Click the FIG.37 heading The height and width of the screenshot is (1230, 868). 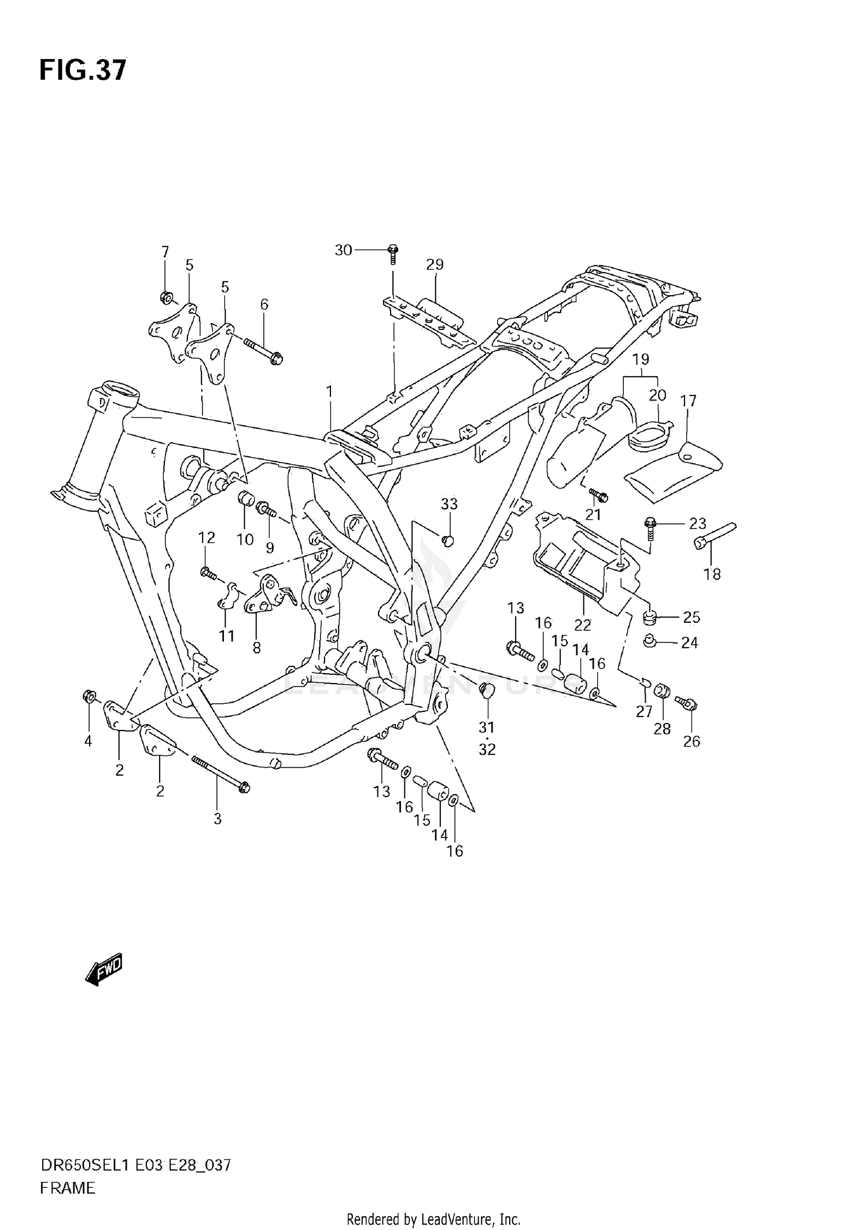click(x=82, y=70)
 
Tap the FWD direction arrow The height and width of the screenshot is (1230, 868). click(x=104, y=970)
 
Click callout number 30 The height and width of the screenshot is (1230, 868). click(x=343, y=250)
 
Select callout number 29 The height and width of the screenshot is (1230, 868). click(x=435, y=265)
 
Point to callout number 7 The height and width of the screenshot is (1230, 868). click(x=165, y=252)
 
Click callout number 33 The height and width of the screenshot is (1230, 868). click(x=449, y=504)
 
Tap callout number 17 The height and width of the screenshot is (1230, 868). click(x=688, y=401)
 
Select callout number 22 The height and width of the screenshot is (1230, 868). click(x=583, y=625)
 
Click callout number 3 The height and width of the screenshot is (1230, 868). click(x=218, y=818)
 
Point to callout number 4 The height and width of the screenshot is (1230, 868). click(x=88, y=741)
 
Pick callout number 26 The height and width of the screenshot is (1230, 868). click(x=692, y=741)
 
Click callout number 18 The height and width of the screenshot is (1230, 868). click(x=712, y=574)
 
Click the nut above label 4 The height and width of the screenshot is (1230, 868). click(x=89, y=696)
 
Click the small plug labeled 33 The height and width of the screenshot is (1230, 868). click(x=447, y=541)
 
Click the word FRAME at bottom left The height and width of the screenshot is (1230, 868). click(x=68, y=1188)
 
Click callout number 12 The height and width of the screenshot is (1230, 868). click(x=207, y=538)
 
